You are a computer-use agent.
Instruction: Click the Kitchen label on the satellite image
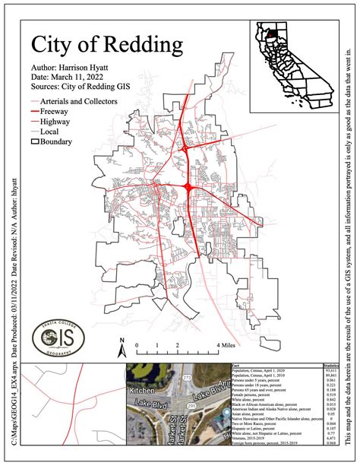click(141, 368)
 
